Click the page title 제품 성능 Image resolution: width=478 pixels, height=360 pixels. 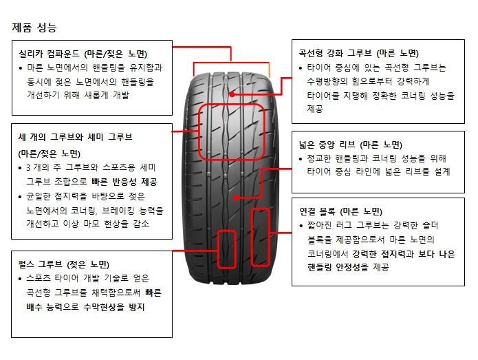coord(34,28)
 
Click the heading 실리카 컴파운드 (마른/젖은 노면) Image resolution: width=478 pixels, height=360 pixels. coord(83,54)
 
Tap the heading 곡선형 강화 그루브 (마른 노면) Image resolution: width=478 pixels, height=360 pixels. coord(358,54)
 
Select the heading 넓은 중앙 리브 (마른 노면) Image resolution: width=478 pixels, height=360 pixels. coord(351,145)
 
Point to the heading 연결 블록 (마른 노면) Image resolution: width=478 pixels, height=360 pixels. coord(341,211)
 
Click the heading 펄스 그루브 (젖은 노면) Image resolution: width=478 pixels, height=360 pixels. coord(64,264)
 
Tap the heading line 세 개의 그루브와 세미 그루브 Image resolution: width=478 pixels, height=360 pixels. coord(75,137)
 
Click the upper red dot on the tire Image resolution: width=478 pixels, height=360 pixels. coord(232,94)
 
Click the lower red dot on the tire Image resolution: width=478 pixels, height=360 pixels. coord(237,198)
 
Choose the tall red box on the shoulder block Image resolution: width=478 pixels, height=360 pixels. coord(251,237)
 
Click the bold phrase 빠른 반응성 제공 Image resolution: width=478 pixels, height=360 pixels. coord(124,182)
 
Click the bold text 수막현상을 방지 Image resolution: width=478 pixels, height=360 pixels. coord(113,307)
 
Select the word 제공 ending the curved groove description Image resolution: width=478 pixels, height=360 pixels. coord(315,109)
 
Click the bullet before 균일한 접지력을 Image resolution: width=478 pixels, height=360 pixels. coord(20,197)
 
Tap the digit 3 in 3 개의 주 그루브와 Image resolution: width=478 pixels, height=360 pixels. coord(28,167)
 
